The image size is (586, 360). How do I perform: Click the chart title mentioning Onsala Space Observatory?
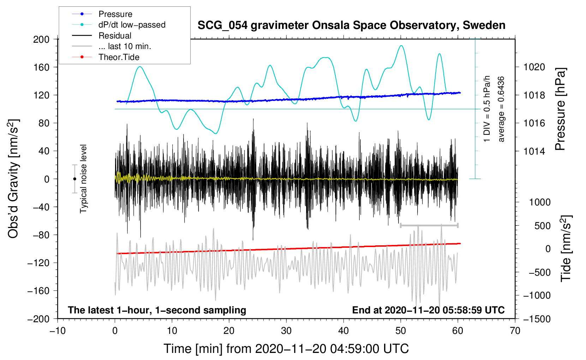(351, 25)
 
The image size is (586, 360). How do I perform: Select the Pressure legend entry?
(115, 14)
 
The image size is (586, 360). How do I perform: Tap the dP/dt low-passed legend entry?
(132, 25)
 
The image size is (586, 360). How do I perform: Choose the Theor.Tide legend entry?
(119, 57)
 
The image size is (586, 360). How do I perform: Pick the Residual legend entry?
(115, 36)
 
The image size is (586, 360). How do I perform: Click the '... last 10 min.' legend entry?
(125, 46)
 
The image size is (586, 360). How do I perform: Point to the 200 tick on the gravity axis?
(41, 39)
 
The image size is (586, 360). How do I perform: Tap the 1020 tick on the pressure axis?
(534, 67)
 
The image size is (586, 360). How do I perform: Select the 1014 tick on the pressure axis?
(534, 151)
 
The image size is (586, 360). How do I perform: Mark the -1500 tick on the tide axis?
(537, 319)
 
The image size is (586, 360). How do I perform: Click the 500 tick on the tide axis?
(542, 226)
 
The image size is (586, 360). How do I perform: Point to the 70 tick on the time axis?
(515, 331)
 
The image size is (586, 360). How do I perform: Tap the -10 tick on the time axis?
(58, 331)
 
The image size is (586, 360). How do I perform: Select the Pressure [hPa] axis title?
(560, 109)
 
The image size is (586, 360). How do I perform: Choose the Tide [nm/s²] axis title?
(566, 248)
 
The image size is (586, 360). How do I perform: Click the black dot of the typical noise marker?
(74, 179)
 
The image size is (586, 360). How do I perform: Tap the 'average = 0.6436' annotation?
(501, 109)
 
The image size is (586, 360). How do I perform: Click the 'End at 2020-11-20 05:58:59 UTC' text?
(428, 310)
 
